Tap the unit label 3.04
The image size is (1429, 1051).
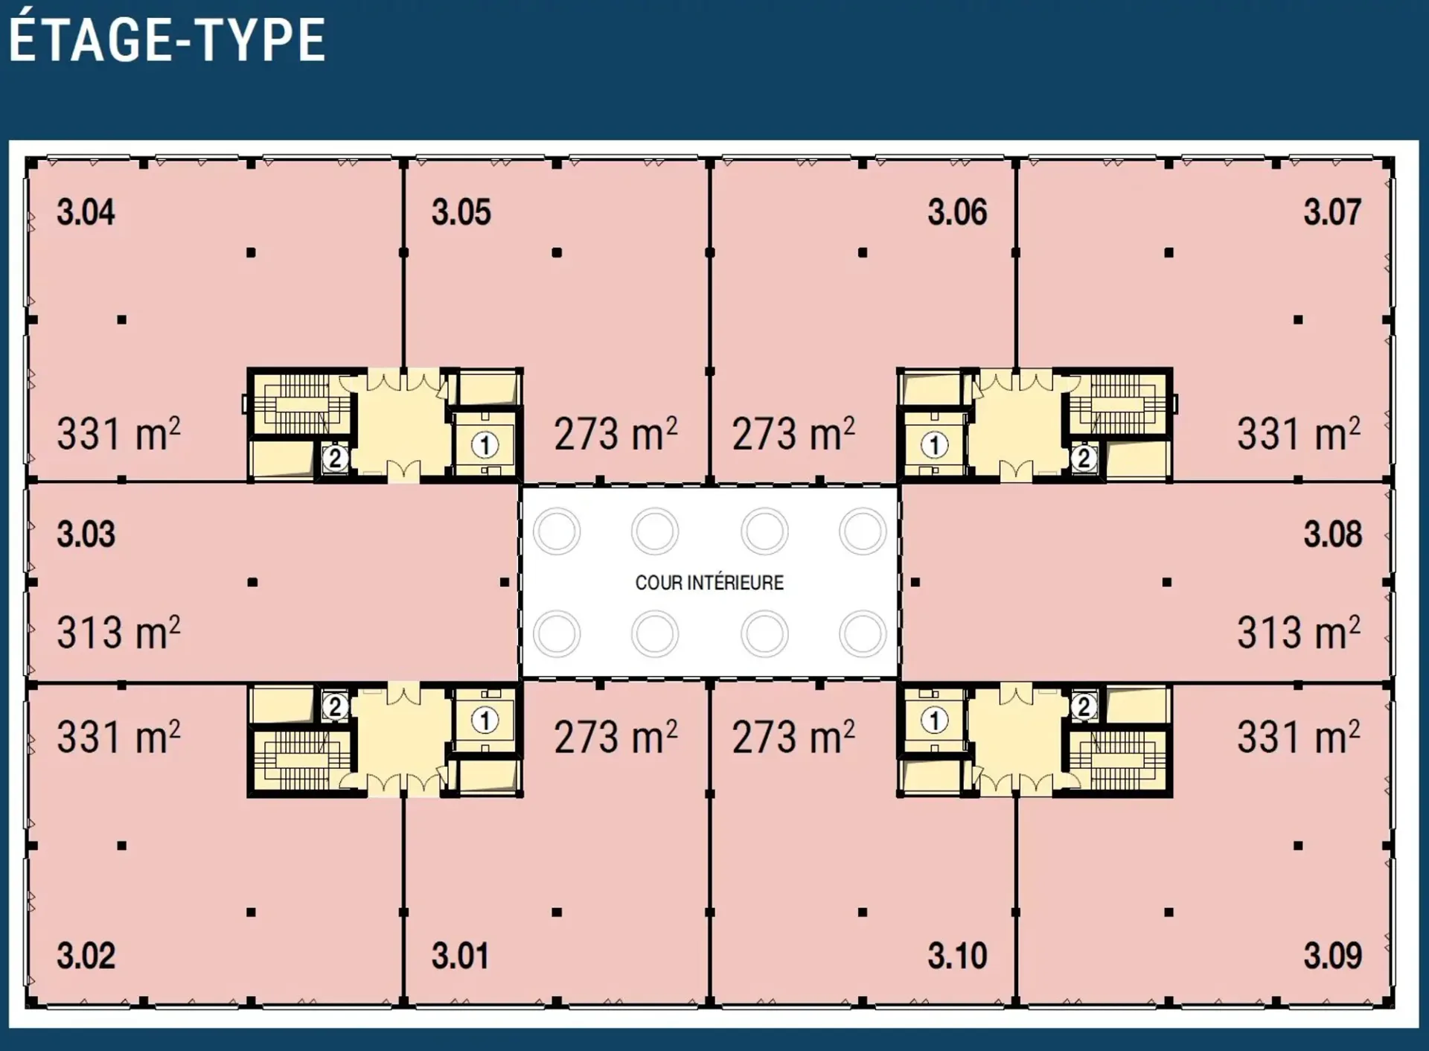86,212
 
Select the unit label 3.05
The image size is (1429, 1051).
461,212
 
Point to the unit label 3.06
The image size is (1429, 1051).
957,212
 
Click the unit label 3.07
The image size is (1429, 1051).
1332,212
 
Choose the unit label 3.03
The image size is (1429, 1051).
86,534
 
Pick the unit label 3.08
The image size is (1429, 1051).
1333,534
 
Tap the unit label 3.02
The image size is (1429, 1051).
86,956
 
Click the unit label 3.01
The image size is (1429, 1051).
461,956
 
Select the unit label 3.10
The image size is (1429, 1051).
957,956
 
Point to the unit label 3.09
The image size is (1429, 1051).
1333,956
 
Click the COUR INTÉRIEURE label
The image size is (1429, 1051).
709,582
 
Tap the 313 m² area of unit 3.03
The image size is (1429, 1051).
119,632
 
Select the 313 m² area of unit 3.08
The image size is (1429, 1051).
1299,632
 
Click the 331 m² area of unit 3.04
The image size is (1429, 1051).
119,433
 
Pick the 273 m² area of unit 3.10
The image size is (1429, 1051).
793,736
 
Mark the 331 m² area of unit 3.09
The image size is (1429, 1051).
1299,736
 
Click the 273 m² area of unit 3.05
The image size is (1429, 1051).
616,433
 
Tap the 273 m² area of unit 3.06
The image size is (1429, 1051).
793,433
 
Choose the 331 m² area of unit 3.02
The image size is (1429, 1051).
119,736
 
